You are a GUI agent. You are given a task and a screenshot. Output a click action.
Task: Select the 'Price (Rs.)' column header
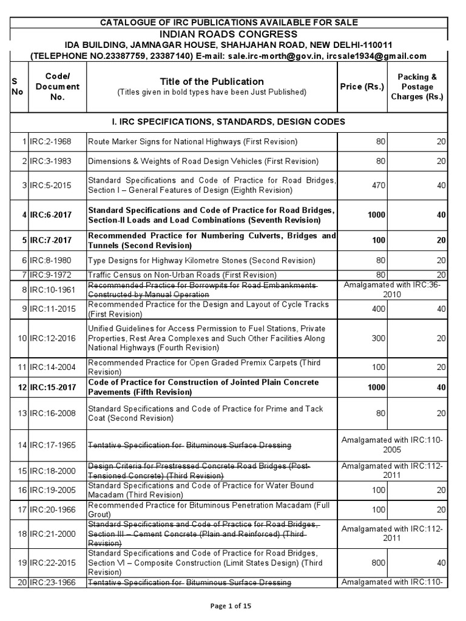point(362,87)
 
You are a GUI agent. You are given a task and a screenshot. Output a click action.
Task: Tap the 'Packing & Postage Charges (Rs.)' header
point(417,87)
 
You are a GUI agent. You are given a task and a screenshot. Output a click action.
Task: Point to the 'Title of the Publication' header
point(212,81)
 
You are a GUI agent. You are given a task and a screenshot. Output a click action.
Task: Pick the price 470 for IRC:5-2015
point(378,186)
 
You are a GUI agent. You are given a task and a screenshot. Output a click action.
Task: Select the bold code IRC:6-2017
point(51,215)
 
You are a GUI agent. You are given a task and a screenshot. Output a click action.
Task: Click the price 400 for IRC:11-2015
point(378,309)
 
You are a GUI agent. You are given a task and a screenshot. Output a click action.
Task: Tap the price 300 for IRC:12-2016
point(378,338)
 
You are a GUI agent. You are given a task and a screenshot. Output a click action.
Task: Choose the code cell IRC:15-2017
point(51,387)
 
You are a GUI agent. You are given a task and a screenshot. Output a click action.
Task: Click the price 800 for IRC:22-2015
point(378,563)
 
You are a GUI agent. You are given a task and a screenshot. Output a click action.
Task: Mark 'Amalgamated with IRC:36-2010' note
point(392,289)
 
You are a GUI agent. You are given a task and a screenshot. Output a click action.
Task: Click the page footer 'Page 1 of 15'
point(232,607)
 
